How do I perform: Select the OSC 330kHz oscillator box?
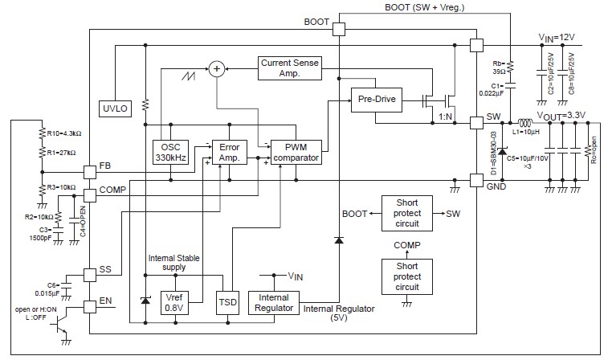coord(169,151)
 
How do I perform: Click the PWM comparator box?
coord(296,151)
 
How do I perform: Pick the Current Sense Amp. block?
coord(291,67)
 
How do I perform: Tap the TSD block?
coord(227,304)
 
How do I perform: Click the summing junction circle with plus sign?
coord(216,69)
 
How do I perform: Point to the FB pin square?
coord(89,172)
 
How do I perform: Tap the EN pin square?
coord(89,307)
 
